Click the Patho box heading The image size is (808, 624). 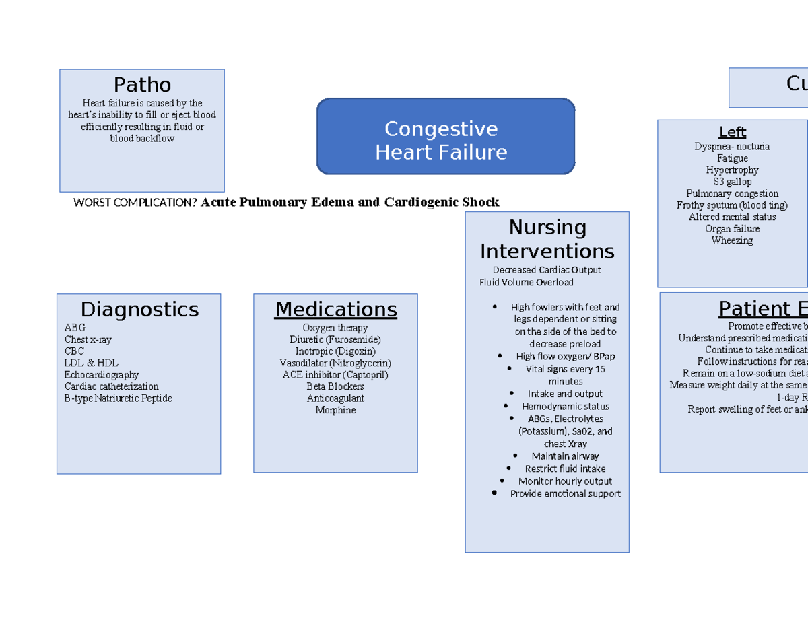(x=142, y=85)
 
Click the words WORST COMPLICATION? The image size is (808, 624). (x=136, y=203)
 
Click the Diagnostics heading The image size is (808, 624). (x=139, y=310)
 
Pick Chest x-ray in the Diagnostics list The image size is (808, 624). (x=88, y=340)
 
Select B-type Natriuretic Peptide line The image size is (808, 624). (x=119, y=398)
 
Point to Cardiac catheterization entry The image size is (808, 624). (x=112, y=387)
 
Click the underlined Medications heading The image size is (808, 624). (x=335, y=310)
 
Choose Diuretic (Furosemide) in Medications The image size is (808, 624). (x=335, y=340)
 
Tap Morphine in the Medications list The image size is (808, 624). (x=335, y=411)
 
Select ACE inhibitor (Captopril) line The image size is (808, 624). (x=335, y=375)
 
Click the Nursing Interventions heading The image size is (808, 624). (x=547, y=240)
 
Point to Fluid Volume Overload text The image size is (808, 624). (x=527, y=283)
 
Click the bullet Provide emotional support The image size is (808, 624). (x=565, y=494)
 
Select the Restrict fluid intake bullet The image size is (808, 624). (x=565, y=469)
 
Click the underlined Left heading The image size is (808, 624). (x=732, y=133)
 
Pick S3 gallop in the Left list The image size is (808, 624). (x=732, y=182)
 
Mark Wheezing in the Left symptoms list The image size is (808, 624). (x=732, y=241)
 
